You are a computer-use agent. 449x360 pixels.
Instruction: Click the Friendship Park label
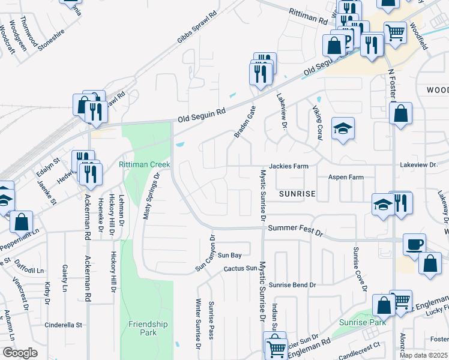click(x=142, y=328)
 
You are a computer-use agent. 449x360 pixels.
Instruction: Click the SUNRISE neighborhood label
click(x=297, y=194)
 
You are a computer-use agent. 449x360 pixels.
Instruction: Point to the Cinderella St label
click(x=63, y=325)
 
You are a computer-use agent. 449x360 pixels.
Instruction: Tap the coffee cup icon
click(x=414, y=245)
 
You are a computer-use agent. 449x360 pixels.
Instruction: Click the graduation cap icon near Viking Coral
click(x=343, y=128)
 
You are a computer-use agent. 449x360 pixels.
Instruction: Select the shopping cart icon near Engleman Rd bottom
click(x=276, y=347)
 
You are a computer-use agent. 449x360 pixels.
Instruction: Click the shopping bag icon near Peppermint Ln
click(x=21, y=221)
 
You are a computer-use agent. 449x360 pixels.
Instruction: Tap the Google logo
click(x=20, y=353)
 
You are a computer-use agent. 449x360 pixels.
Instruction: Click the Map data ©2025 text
click(x=424, y=355)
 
